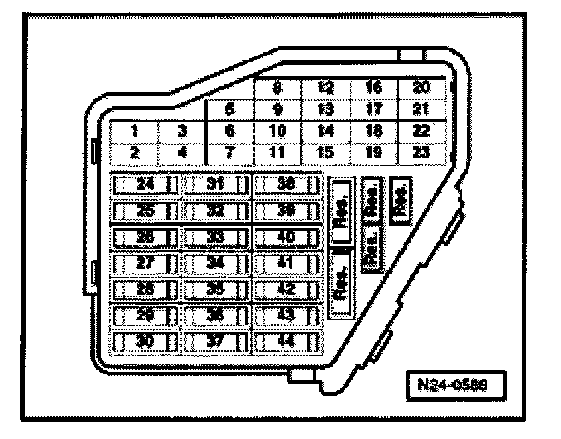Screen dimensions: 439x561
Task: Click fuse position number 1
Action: pos(135,131)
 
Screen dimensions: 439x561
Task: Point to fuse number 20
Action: pos(421,88)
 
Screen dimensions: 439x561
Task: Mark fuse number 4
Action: pos(183,154)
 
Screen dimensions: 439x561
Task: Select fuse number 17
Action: pos(373,110)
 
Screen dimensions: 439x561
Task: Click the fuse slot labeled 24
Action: pos(145,184)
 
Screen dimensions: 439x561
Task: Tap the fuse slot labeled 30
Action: pos(145,342)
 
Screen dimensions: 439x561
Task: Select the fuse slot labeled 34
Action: pos(217,263)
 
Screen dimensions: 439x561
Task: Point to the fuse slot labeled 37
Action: pos(217,342)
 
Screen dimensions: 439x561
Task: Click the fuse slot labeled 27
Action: pos(145,263)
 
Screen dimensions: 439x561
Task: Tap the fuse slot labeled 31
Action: pos(217,184)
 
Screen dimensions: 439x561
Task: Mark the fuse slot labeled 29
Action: pos(145,316)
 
